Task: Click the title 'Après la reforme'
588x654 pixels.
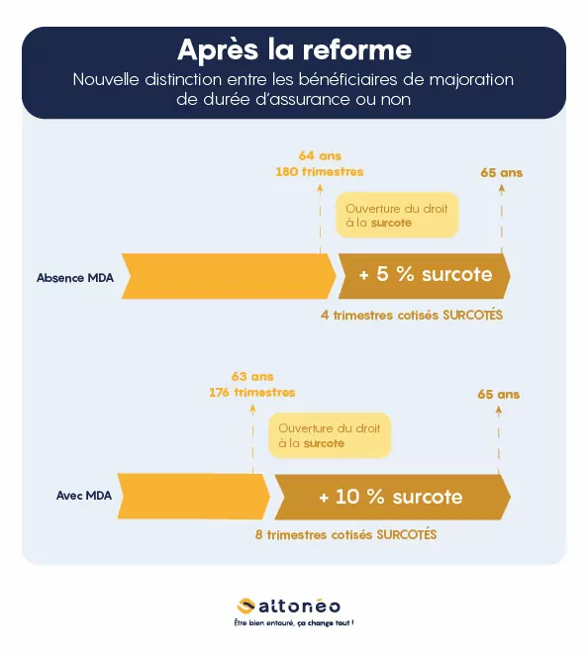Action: tap(295, 50)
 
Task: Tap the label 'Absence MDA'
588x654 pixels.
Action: tap(75, 278)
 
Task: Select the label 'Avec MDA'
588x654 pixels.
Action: tap(84, 496)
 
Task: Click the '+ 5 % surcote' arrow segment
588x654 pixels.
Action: tap(424, 276)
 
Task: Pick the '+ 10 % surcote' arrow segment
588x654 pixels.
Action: tap(392, 497)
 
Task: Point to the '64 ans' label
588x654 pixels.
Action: tap(320, 156)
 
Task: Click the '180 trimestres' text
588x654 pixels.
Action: tap(320, 172)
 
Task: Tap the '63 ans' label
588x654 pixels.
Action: tap(252, 377)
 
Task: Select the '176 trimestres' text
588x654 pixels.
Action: tap(252, 393)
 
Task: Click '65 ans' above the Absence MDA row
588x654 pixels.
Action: tap(502, 173)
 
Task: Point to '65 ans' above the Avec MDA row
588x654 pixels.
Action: tap(499, 394)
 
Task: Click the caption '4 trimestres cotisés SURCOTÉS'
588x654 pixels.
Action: tap(412, 315)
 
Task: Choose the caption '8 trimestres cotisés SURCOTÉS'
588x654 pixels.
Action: tap(345, 534)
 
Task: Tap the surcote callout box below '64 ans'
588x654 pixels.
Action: tap(397, 216)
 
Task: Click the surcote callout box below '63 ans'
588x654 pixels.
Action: tap(330, 436)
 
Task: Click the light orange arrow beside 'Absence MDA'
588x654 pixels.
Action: tap(229, 276)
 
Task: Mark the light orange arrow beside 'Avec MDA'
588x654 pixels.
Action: tap(194, 497)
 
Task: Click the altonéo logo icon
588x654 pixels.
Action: tap(245, 607)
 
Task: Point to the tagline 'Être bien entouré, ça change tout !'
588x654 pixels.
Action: tap(294, 623)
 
